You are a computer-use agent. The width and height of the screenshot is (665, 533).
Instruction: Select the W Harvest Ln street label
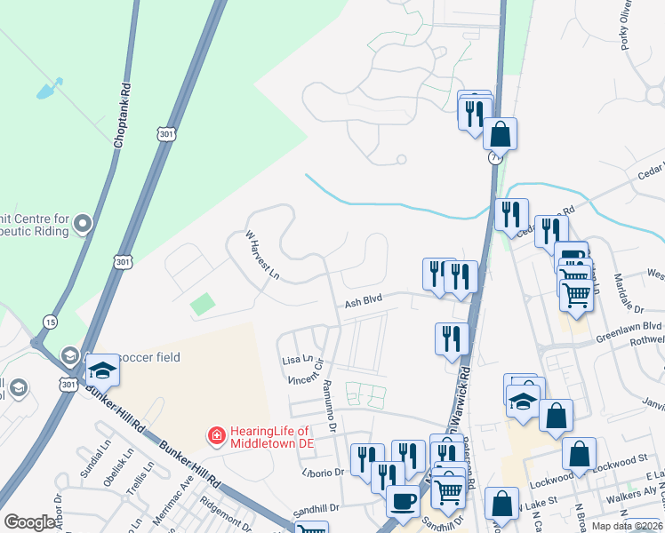(263, 254)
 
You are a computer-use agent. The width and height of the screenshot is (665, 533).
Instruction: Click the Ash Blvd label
(363, 301)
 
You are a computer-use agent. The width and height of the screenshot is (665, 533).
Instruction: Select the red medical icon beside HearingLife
(215, 435)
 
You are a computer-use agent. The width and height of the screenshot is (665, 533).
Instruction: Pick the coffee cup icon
(402, 500)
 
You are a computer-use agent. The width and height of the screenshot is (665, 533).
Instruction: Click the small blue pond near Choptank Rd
(49, 89)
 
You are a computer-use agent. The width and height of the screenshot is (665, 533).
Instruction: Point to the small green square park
(203, 304)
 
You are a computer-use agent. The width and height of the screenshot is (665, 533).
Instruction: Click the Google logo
(29, 522)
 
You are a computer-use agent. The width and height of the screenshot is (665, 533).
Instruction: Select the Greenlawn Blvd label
(629, 326)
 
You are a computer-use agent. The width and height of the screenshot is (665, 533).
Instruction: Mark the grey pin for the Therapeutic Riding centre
(82, 223)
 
